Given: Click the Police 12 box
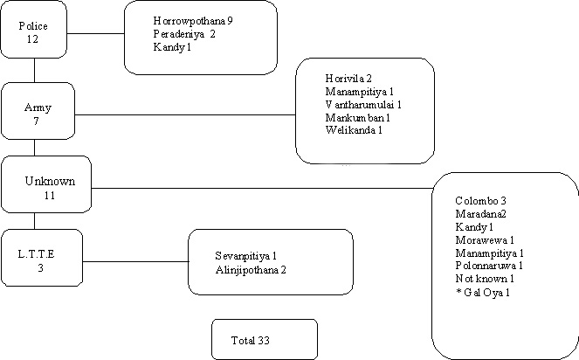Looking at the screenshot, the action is tap(33, 29).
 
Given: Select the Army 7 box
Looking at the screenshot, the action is tap(38, 111).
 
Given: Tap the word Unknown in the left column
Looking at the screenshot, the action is tap(50, 181).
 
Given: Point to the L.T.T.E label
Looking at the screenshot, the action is tap(36, 254).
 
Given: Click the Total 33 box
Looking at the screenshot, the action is tap(265, 339).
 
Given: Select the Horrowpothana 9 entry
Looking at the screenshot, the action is tap(193, 21).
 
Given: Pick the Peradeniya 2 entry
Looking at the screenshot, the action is tap(184, 34).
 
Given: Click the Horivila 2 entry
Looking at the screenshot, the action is tap(348, 79).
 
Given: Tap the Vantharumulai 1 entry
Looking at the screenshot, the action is tap(363, 105).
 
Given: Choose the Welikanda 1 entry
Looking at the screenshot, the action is tap(354, 130).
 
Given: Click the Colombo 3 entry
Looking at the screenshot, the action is tap(480, 201).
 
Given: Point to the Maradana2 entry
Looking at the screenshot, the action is tap(480, 213).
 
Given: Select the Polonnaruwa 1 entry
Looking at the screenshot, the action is tap(489, 266).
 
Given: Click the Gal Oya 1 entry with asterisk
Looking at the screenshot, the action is tap(483, 293).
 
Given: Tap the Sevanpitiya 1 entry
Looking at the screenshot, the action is tap(246, 256).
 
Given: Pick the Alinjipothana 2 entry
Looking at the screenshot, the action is tap(251, 270).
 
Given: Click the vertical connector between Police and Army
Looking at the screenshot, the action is tap(34, 70).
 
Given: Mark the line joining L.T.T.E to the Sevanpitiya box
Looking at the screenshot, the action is tap(135, 261).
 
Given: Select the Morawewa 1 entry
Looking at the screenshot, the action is tap(485, 240).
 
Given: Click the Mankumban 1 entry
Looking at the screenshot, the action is tap(358, 118).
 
